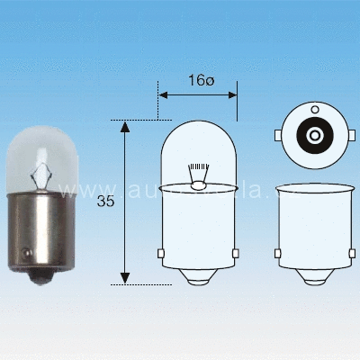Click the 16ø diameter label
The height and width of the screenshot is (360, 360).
click(x=200, y=81)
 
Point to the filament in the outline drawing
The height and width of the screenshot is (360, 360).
click(x=199, y=172)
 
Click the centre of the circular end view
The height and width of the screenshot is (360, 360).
click(x=315, y=136)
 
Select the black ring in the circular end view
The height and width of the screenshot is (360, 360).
click(x=302, y=136)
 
